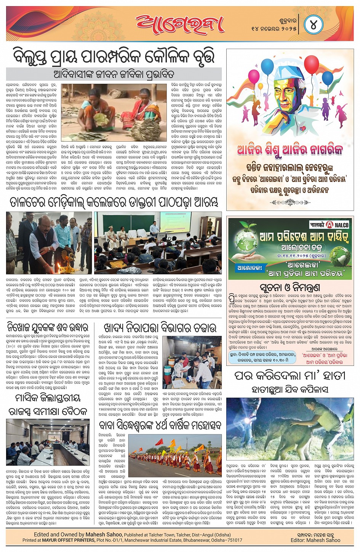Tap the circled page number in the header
[314, 25]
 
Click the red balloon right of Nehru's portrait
[311, 65]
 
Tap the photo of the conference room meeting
[48, 442]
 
